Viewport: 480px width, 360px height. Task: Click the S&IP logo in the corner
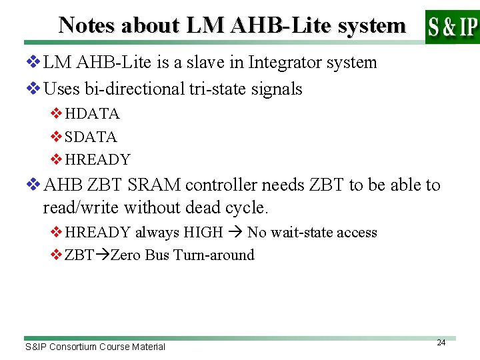tap(452, 27)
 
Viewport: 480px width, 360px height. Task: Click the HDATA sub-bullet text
tap(92, 114)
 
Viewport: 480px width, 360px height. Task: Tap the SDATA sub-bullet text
tap(91, 137)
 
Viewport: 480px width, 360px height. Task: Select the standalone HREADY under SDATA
tap(97, 160)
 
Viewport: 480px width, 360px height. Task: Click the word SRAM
tap(157, 185)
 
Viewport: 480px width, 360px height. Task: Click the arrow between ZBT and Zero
tap(102, 255)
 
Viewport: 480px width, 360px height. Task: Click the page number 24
tap(441, 343)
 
